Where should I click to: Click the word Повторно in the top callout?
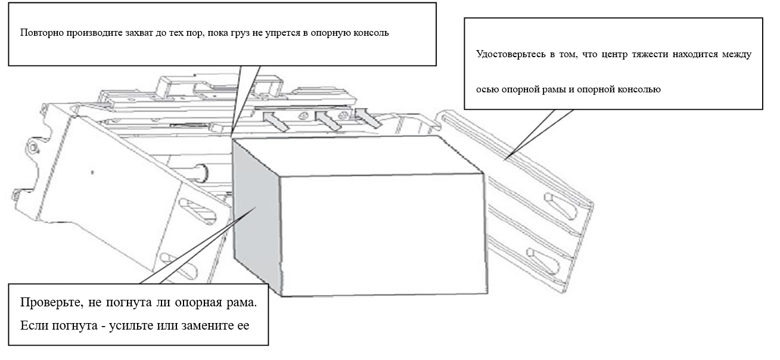(36, 32)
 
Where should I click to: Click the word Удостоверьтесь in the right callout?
(508, 54)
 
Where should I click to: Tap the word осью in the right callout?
(487, 90)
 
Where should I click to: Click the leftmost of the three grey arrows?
(274, 122)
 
